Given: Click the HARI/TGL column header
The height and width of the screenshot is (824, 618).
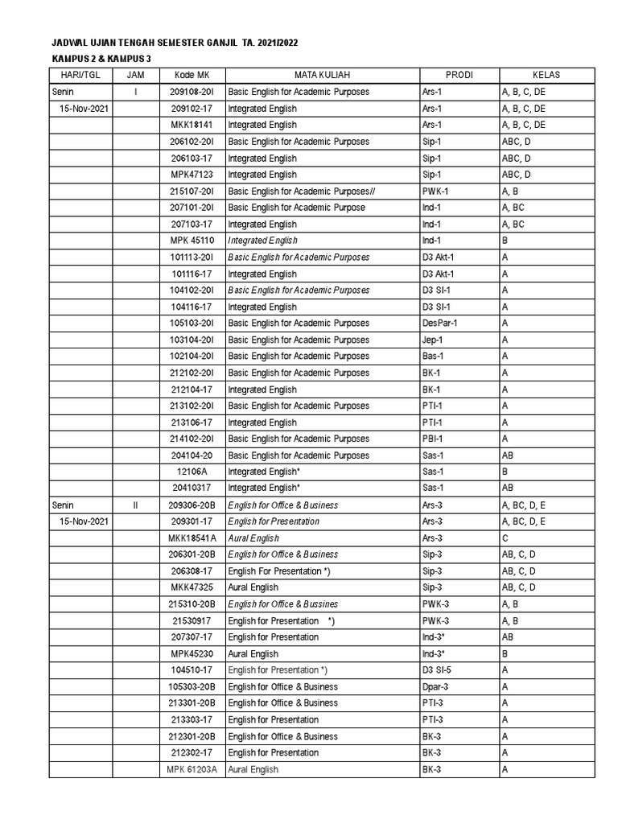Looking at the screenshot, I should [x=80, y=76].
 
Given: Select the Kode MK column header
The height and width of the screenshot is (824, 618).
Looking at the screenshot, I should [x=192, y=76].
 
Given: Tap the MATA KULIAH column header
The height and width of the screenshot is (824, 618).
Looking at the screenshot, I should [x=322, y=76].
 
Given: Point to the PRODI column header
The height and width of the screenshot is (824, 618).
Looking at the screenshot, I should [x=459, y=76].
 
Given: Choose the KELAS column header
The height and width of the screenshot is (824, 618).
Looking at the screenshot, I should [x=546, y=76].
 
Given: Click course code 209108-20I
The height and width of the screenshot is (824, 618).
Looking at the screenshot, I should [x=192, y=92].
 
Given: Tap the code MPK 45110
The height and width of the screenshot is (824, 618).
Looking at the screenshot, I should [x=192, y=241].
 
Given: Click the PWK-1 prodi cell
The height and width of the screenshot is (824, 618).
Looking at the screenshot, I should [x=435, y=192].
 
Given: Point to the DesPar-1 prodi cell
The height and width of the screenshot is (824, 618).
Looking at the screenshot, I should [x=439, y=323].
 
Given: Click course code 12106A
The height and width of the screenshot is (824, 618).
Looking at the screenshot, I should [x=192, y=472].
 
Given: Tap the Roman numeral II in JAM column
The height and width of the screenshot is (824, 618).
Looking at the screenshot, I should [x=135, y=505].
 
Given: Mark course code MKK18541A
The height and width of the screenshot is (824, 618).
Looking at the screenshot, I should [x=192, y=538].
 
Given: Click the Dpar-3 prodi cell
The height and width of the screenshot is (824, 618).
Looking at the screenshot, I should [x=435, y=687].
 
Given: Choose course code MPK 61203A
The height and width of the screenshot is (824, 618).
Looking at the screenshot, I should [x=192, y=770].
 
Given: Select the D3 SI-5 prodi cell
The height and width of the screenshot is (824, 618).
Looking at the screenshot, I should [x=439, y=670].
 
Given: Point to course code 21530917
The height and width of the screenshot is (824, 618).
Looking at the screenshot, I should [x=192, y=621].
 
